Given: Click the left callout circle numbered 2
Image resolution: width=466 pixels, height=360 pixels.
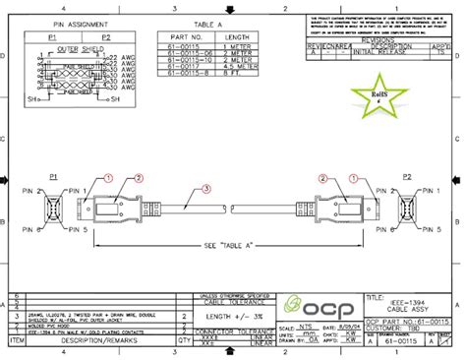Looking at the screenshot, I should point(140,178).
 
